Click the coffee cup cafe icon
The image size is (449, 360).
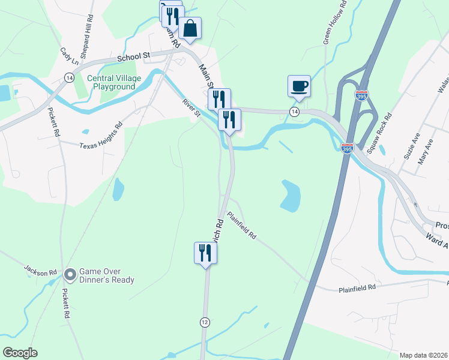tap(299, 86)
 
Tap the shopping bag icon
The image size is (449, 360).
tap(190, 29)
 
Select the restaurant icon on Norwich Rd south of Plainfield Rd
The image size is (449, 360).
tap(205, 252)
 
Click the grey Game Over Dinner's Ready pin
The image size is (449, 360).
tap(70, 275)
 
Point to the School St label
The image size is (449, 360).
tap(133, 57)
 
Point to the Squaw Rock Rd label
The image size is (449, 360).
tap(379, 133)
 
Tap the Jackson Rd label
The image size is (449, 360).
tap(40, 272)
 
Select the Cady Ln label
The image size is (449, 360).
tap(70, 57)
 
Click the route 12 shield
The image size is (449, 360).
tap(205, 322)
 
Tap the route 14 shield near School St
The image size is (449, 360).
tap(70, 78)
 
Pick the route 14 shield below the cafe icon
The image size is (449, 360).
tap(294, 112)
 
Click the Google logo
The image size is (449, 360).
tap(20, 352)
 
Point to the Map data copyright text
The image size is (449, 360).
tap(423, 355)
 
